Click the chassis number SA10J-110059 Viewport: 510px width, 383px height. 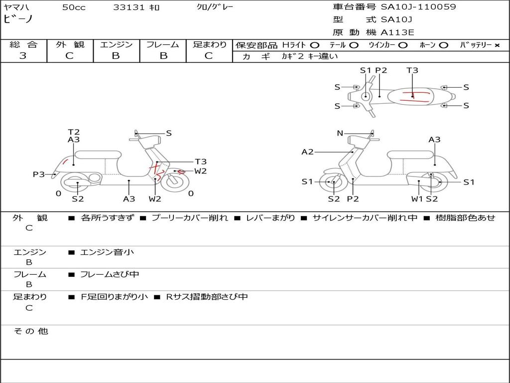tap(418, 7)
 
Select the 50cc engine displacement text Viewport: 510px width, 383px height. tap(73, 7)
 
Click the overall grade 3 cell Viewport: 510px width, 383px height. tap(23, 56)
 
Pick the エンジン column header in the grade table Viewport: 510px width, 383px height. tap(116, 44)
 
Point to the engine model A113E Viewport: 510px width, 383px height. tap(397, 33)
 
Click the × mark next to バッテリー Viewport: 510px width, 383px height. tap(497, 45)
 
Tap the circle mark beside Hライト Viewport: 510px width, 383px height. tap(315, 45)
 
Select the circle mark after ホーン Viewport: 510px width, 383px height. tap(443, 45)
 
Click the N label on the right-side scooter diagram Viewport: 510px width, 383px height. tap(340, 133)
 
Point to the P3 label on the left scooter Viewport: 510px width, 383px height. tap(39, 175)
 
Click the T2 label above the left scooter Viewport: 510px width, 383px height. tap(74, 132)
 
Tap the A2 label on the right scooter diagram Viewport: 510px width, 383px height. tap(308, 152)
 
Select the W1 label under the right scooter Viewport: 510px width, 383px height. tap(417, 199)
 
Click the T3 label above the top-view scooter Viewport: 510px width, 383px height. tap(412, 70)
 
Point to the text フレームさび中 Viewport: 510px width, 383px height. tap(110, 274)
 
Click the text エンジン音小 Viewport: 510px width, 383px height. tap(107, 252)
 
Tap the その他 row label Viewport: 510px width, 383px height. tap(31, 331)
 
